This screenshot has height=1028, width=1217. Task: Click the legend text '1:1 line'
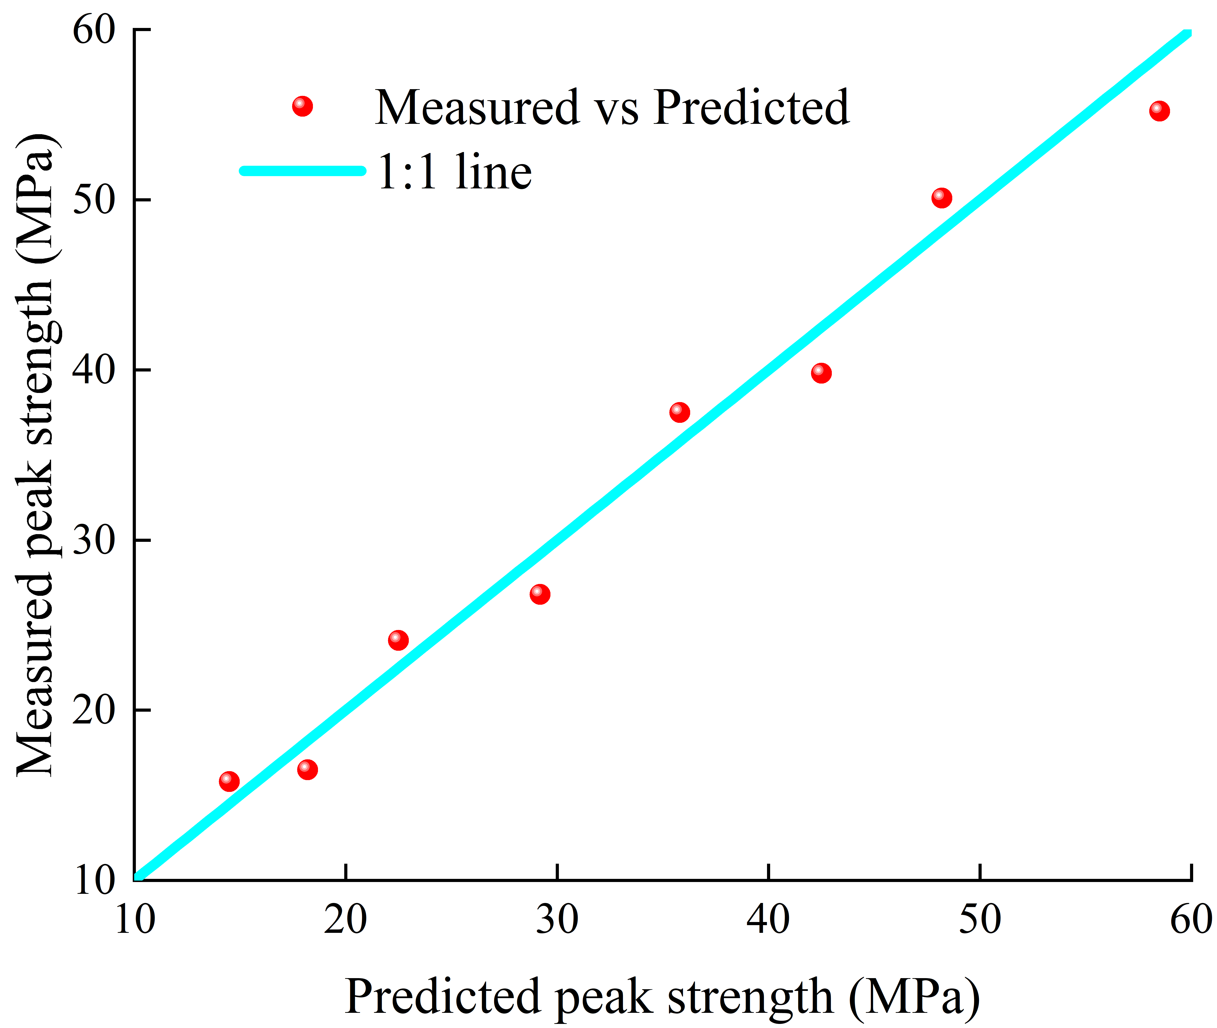click(454, 172)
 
